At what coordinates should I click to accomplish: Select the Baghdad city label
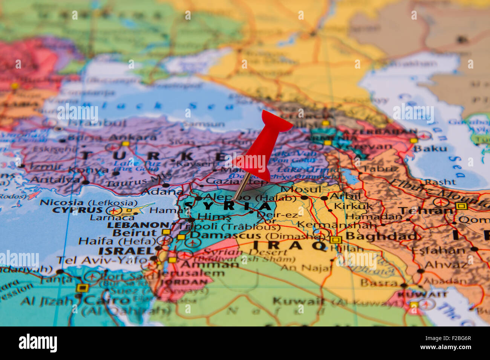tap(381, 236)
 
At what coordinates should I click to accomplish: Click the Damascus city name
tap(225, 235)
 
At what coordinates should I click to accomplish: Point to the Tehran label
tap(426, 211)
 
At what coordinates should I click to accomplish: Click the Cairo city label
tap(107, 300)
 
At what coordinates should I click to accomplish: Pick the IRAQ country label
tap(289, 245)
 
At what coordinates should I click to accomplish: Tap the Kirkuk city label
tap(353, 206)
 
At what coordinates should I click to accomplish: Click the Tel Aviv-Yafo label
tap(102, 260)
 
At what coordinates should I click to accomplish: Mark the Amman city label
tap(209, 264)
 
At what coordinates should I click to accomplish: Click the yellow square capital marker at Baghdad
tap(335, 240)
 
